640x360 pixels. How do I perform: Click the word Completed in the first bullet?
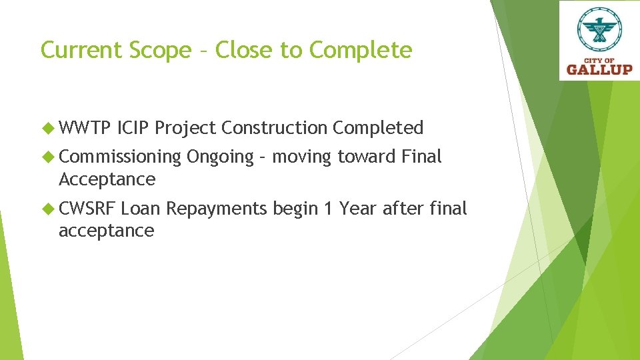[x=378, y=127]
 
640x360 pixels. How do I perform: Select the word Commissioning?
[x=120, y=157]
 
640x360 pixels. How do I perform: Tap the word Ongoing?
[x=220, y=158]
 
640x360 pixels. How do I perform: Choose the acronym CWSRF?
[x=87, y=209]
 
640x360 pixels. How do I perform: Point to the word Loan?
[x=141, y=209]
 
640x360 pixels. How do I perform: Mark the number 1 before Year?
[x=327, y=209]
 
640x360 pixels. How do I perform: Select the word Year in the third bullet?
[x=358, y=209]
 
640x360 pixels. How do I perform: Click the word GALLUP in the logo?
[x=599, y=69]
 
